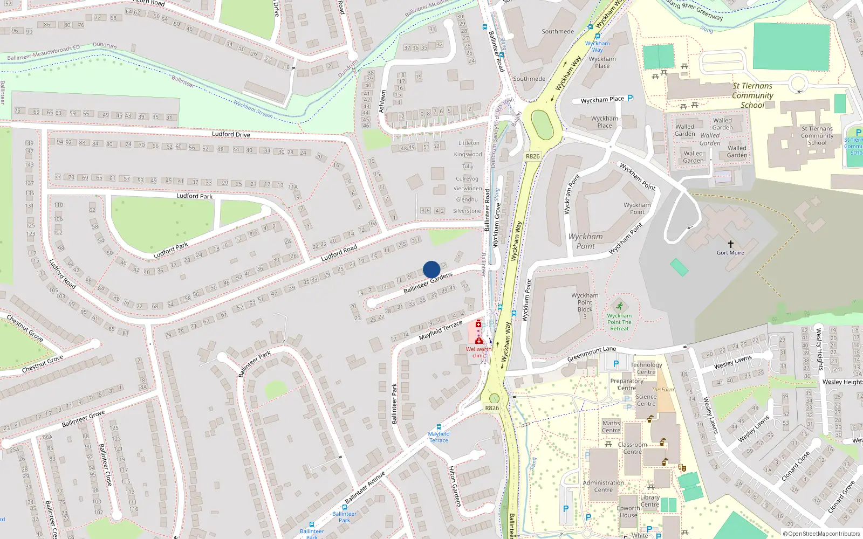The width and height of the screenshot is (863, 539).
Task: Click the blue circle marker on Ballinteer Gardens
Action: (432, 269)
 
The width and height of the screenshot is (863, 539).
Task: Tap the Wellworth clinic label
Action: (478, 352)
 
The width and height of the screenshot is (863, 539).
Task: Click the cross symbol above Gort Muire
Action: (731, 244)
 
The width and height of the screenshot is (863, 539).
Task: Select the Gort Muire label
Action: (730, 253)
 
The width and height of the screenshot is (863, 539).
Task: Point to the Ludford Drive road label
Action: (231, 134)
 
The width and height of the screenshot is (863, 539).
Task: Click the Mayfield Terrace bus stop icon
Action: (439, 427)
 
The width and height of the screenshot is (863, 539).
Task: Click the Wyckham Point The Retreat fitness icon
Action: (619, 307)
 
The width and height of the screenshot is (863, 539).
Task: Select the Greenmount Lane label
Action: (591, 354)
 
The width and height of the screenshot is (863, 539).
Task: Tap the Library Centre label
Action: (650, 501)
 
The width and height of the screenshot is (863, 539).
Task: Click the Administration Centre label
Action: (603, 486)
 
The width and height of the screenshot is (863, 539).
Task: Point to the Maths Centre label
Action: (611, 427)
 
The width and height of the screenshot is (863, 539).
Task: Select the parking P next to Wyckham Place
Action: (630, 99)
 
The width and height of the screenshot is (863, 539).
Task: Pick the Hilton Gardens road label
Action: (455, 486)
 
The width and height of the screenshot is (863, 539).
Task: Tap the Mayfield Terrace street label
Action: (441, 330)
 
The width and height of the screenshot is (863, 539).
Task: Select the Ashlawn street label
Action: (382, 101)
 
